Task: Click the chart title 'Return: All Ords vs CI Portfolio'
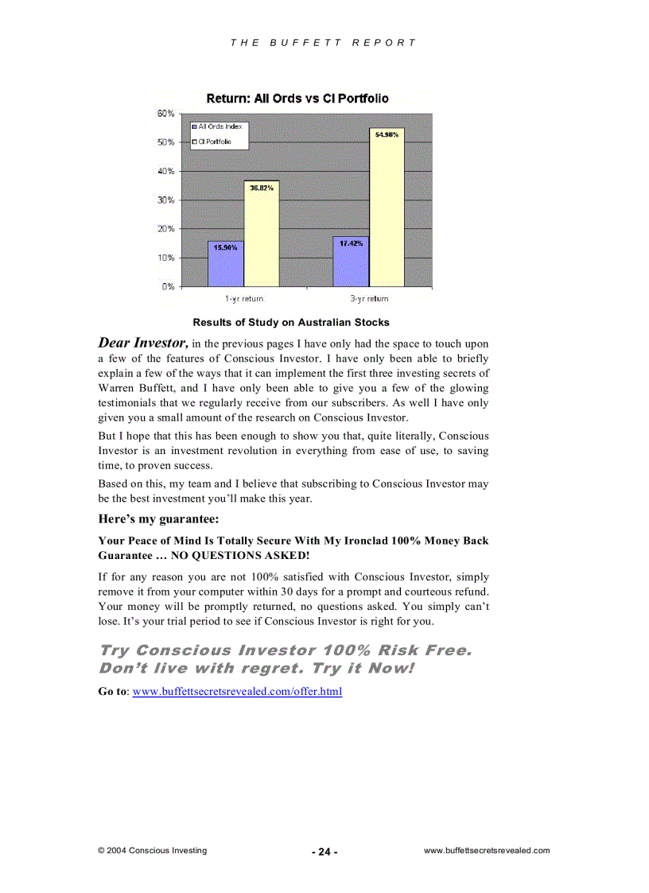(x=297, y=99)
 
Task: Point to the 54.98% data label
(x=387, y=135)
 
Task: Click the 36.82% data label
(x=262, y=188)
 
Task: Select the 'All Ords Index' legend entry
(x=220, y=126)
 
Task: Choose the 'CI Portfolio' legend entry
(x=216, y=142)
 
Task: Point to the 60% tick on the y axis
(x=165, y=114)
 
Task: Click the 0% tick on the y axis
(x=168, y=286)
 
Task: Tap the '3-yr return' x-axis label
(x=369, y=299)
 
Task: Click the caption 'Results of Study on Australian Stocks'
(x=291, y=322)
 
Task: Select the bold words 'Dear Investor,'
(x=143, y=344)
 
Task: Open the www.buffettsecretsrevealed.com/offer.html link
(x=237, y=692)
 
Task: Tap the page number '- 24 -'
(x=324, y=852)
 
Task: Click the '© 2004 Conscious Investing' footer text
(x=152, y=850)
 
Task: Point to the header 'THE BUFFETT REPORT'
(x=323, y=43)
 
